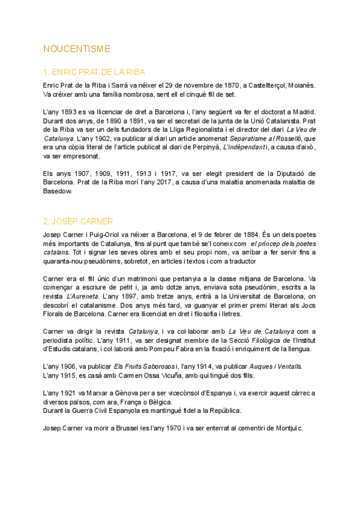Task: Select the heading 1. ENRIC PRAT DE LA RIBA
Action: click(x=95, y=71)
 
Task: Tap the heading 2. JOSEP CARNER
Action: click(x=78, y=221)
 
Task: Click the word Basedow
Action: click(x=58, y=191)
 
